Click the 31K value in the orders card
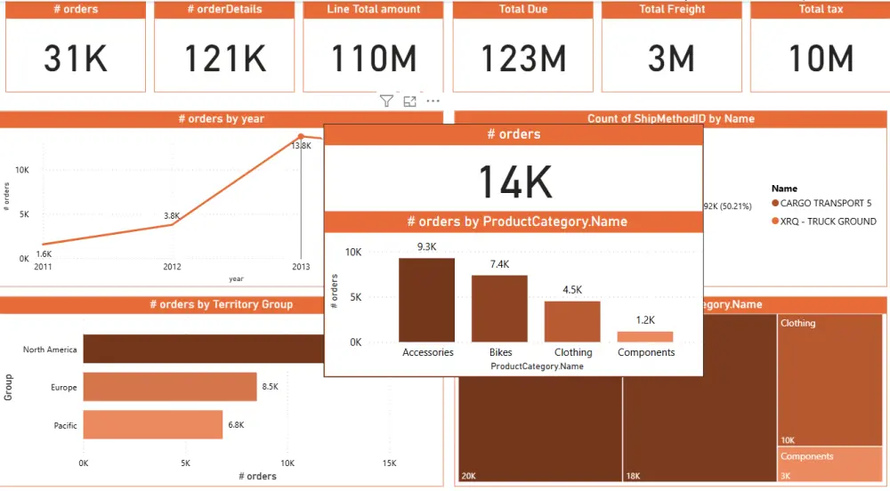pyautogui.click(x=75, y=59)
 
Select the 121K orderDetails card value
pyautogui.click(x=224, y=59)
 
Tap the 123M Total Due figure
pyautogui.click(x=523, y=59)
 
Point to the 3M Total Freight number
pyautogui.click(x=671, y=59)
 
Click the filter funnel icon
pyautogui.click(x=386, y=101)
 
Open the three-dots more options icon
pyautogui.click(x=433, y=101)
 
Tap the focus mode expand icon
pyautogui.click(x=410, y=101)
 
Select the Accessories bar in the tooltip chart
pyautogui.click(x=427, y=300)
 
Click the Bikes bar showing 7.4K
pyautogui.click(x=499, y=309)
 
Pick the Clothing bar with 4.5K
pyautogui.click(x=572, y=321)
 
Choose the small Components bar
pyautogui.click(x=645, y=337)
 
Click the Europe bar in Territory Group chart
pyautogui.click(x=170, y=387)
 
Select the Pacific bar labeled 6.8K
pyautogui.click(x=152, y=424)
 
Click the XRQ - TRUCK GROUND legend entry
pyautogui.click(x=828, y=221)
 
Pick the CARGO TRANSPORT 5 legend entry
pyautogui.click(x=826, y=203)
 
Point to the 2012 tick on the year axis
pyautogui.click(x=172, y=266)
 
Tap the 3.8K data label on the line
pyautogui.click(x=172, y=215)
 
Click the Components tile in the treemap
pyautogui.click(x=831, y=464)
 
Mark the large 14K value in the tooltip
pyautogui.click(x=515, y=181)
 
